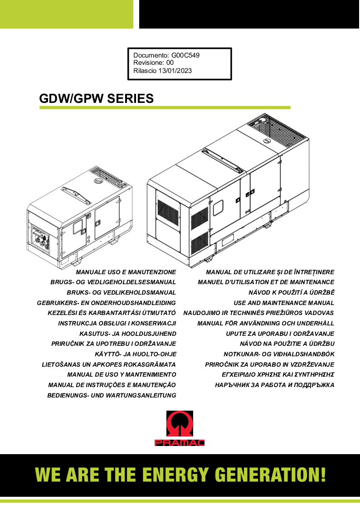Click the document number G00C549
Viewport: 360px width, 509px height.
point(185,55)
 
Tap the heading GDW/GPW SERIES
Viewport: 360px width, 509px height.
point(97,98)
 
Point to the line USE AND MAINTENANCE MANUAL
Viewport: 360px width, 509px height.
point(284,303)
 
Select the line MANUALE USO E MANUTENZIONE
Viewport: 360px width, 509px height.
point(126,272)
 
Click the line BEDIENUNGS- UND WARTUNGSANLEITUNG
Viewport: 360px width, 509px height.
point(112,395)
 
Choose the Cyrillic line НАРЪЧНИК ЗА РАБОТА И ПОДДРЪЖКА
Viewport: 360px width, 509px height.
point(275,385)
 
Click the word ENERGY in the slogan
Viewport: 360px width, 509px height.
point(175,475)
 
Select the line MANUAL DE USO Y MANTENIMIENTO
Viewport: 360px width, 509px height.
point(122,375)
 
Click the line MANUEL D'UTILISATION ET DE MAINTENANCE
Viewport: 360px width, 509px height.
point(266,282)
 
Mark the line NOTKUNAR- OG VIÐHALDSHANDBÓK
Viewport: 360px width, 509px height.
point(279,354)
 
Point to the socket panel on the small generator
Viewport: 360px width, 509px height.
point(41,240)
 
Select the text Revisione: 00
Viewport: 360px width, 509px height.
point(153,63)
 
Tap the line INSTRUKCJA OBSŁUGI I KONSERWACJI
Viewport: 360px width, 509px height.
point(117,323)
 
